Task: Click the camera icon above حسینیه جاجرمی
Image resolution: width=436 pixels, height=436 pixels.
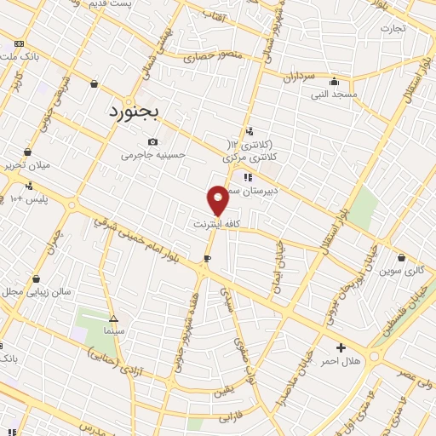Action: tap(152, 141)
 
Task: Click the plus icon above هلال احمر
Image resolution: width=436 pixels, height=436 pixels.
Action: tap(341, 347)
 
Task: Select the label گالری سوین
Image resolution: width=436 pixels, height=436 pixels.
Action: tap(402, 271)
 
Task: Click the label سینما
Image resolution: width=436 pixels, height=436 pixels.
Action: tap(113, 330)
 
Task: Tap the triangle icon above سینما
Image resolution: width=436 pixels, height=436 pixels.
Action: tap(113, 317)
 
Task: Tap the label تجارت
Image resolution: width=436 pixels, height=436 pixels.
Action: tap(393, 28)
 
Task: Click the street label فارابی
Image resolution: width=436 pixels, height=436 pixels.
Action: tap(231, 419)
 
